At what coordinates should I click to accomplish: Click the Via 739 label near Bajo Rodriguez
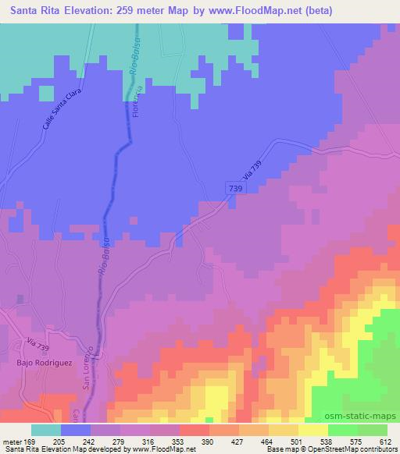[37, 342]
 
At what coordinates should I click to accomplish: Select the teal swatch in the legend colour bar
[45, 430]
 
